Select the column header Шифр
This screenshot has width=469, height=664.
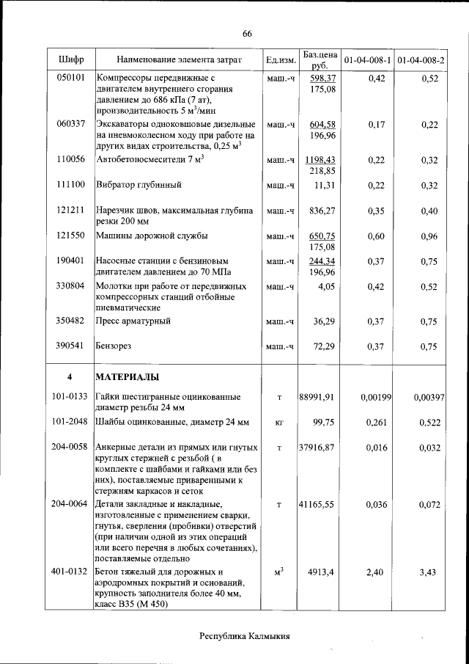(x=70, y=59)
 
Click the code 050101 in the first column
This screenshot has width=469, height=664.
(x=70, y=77)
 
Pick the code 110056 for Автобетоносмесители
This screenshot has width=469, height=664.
(x=70, y=159)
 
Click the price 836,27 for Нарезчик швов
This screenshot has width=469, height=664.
(x=322, y=211)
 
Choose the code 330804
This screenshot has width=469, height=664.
(x=70, y=286)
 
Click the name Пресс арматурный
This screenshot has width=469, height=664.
(x=134, y=321)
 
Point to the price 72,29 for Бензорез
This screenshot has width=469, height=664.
(x=324, y=346)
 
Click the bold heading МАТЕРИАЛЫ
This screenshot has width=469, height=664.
(x=127, y=377)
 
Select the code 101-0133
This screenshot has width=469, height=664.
(x=70, y=397)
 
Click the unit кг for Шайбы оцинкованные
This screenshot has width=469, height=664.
(x=279, y=423)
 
